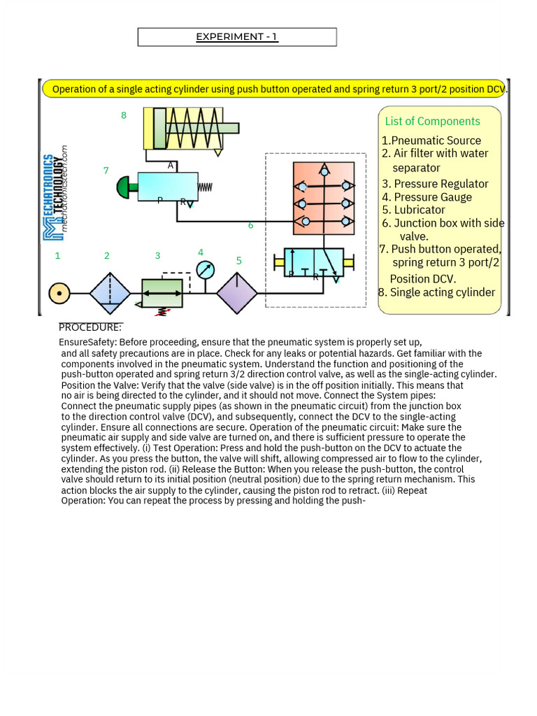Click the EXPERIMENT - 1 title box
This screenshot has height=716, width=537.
point(237,37)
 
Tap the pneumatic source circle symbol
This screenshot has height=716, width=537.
point(59,294)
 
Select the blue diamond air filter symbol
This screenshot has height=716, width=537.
point(110,294)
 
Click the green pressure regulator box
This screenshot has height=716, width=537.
point(162,293)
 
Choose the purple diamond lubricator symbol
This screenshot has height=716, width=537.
point(237,294)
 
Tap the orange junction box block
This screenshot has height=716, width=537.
point(324,199)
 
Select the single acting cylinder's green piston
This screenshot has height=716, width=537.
point(159,129)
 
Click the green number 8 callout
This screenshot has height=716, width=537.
point(124,115)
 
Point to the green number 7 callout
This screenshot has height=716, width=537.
point(106,171)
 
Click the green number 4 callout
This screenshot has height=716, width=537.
point(201,252)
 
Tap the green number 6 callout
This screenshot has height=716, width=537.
point(250,226)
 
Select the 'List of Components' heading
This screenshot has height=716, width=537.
point(432,122)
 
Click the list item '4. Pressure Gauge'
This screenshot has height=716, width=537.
point(427,197)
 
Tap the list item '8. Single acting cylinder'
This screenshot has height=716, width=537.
point(436,292)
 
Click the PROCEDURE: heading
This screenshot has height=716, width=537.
point(90,327)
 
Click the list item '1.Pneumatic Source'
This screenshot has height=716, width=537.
point(431,141)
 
